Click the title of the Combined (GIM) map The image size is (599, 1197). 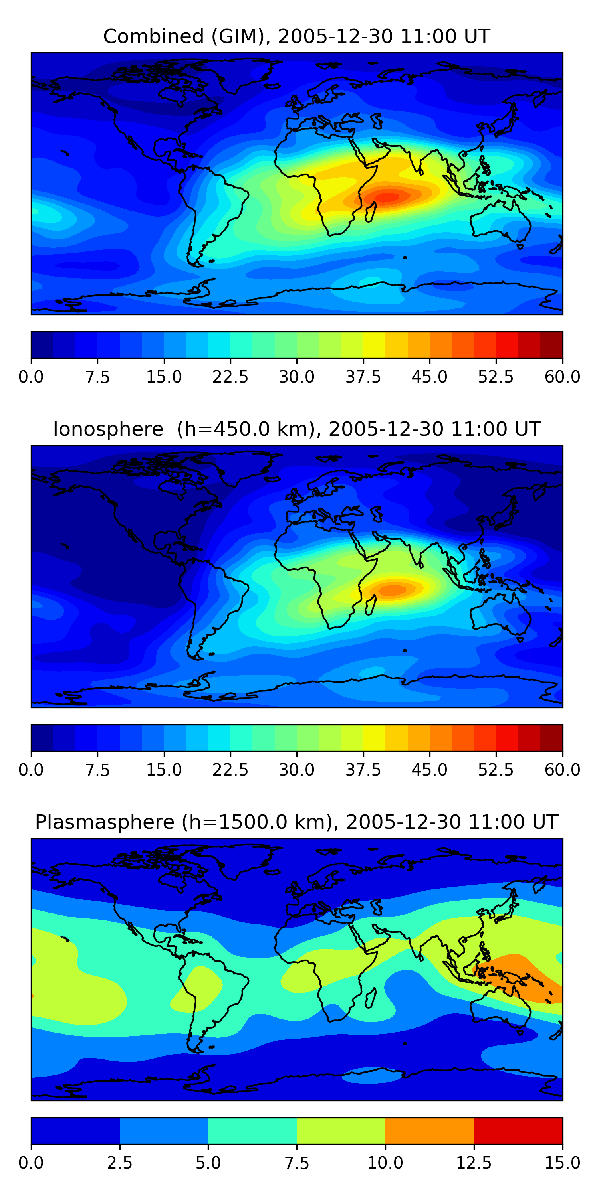297,36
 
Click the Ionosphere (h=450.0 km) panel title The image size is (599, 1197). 297,429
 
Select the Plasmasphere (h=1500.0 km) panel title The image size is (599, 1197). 297,822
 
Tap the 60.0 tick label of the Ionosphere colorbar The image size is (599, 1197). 562,770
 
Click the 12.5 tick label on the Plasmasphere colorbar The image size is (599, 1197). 474,1163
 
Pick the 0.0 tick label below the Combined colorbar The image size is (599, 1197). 31,377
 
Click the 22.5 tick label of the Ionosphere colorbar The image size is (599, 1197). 230,770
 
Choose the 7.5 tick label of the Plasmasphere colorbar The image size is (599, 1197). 297,1163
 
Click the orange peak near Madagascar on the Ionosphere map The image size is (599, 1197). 393,590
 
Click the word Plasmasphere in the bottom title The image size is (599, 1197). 105,822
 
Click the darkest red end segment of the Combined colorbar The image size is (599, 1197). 551,345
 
